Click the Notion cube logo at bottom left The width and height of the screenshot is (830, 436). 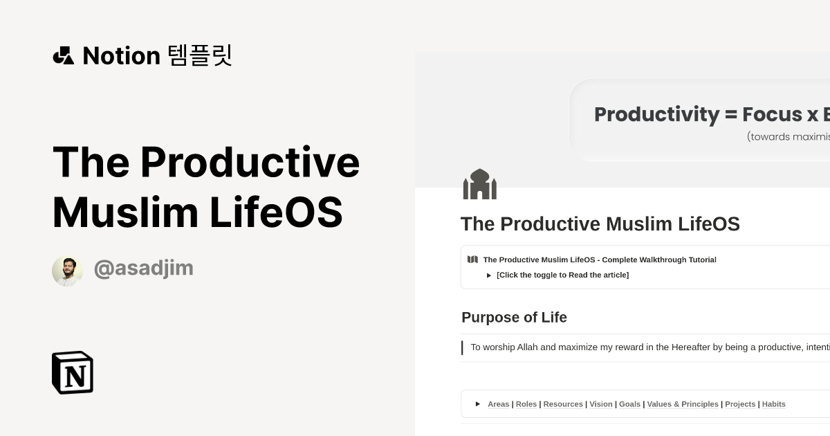pyautogui.click(x=73, y=372)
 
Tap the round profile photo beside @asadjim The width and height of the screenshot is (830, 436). pyautogui.click(x=67, y=271)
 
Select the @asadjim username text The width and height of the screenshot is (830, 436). pyautogui.click(x=143, y=269)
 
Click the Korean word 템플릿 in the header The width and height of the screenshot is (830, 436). pyautogui.click(x=200, y=55)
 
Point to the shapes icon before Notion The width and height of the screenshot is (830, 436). pyautogui.click(x=64, y=55)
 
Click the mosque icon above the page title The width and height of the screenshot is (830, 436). pyautogui.click(x=480, y=184)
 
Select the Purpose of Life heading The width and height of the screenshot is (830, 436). pyautogui.click(x=514, y=318)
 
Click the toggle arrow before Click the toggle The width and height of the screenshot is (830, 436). pyautogui.click(x=489, y=275)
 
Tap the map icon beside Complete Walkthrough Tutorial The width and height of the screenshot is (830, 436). pyautogui.click(x=472, y=260)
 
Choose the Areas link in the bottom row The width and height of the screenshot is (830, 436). pyautogui.click(x=498, y=404)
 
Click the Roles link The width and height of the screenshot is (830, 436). pyautogui.click(x=526, y=404)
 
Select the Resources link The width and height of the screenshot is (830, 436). pyautogui.click(x=563, y=404)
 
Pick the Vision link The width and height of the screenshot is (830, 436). pyautogui.click(x=601, y=404)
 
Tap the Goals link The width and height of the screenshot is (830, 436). pyautogui.click(x=629, y=404)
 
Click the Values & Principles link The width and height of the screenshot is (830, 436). pyautogui.click(x=683, y=404)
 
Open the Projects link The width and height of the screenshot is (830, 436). pyautogui.click(x=740, y=404)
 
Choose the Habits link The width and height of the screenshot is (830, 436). pyautogui.click(x=773, y=404)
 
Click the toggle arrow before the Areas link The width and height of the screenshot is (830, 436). pyautogui.click(x=478, y=404)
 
